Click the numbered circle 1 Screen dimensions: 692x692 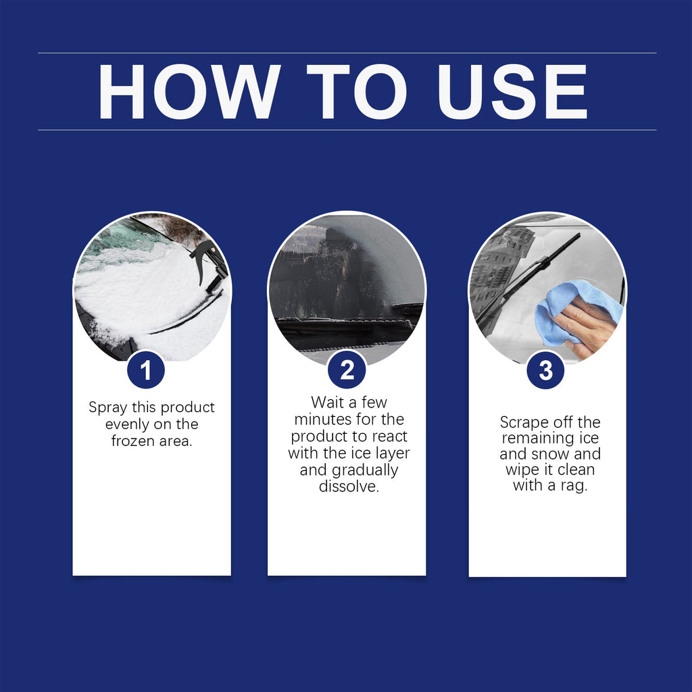pyautogui.click(x=145, y=370)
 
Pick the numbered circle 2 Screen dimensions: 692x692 pyautogui.click(x=347, y=370)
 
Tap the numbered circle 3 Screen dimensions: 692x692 pyautogui.click(x=545, y=371)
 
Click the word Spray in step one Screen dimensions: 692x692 pyautogui.click(x=108, y=408)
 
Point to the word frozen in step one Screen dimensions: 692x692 pyautogui.click(x=134, y=441)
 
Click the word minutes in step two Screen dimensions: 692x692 pyautogui.click(x=320, y=420)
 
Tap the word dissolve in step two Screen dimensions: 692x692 pyautogui.click(x=349, y=487)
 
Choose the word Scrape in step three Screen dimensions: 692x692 pyautogui.click(x=522, y=422)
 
